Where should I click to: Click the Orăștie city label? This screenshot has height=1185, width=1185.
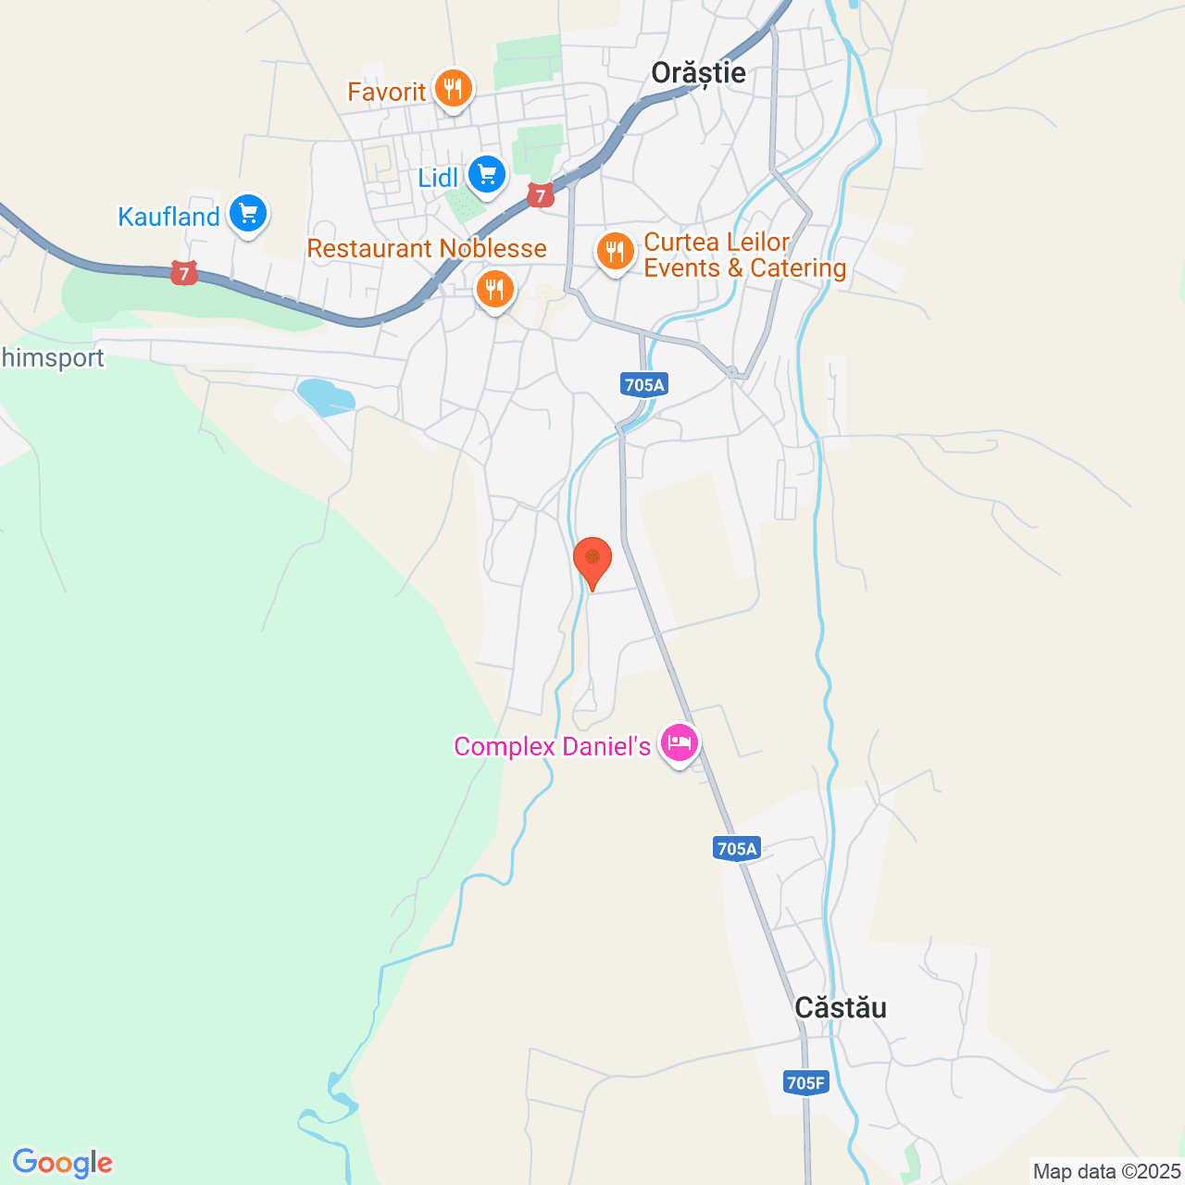pyautogui.click(x=698, y=73)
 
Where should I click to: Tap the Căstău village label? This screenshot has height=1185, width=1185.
pyautogui.click(x=841, y=1007)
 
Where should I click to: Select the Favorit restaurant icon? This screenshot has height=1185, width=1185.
pyautogui.click(x=453, y=89)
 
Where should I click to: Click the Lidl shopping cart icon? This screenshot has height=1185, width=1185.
pyautogui.click(x=486, y=174)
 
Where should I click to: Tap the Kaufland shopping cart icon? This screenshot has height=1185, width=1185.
pyautogui.click(x=247, y=214)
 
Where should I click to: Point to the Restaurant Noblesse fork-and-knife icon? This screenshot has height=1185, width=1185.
pyautogui.click(x=495, y=289)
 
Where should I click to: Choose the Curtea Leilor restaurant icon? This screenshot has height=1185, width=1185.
pyautogui.click(x=614, y=251)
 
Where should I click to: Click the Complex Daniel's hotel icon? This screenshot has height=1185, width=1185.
pyautogui.click(x=680, y=742)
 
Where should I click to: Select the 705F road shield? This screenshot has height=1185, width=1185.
pyautogui.click(x=805, y=1082)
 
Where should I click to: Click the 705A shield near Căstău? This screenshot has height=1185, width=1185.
pyautogui.click(x=737, y=848)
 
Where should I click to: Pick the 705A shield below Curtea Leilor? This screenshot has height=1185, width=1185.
pyautogui.click(x=644, y=384)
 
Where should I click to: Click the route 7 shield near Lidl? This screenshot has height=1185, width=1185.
pyautogui.click(x=541, y=195)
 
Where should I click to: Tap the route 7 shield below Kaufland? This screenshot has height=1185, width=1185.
pyautogui.click(x=184, y=273)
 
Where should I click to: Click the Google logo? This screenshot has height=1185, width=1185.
pyautogui.click(x=62, y=1163)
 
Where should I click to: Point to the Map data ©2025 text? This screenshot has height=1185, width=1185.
pyautogui.click(x=1106, y=1172)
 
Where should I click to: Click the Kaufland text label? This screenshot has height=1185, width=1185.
pyautogui.click(x=168, y=217)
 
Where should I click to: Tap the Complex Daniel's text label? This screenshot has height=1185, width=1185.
pyautogui.click(x=553, y=746)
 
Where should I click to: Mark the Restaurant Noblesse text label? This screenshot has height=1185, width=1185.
pyautogui.click(x=427, y=248)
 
